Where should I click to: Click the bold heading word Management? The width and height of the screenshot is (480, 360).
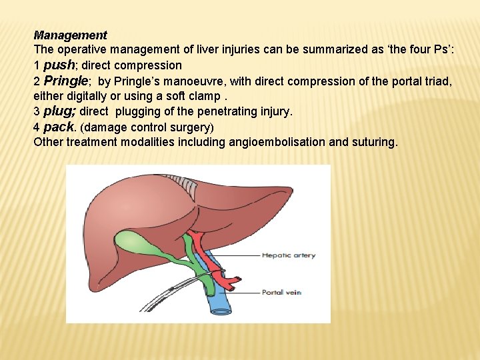(x=70, y=35)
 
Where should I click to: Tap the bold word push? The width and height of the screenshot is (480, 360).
(x=59, y=65)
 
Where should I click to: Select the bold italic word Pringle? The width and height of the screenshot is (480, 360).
(x=65, y=81)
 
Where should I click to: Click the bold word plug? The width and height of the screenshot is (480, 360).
(x=59, y=111)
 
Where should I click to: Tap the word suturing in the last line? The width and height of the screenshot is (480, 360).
(x=373, y=141)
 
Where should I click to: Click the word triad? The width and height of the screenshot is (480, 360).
(x=437, y=81)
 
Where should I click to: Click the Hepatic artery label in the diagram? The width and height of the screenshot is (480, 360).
(x=288, y=255)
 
